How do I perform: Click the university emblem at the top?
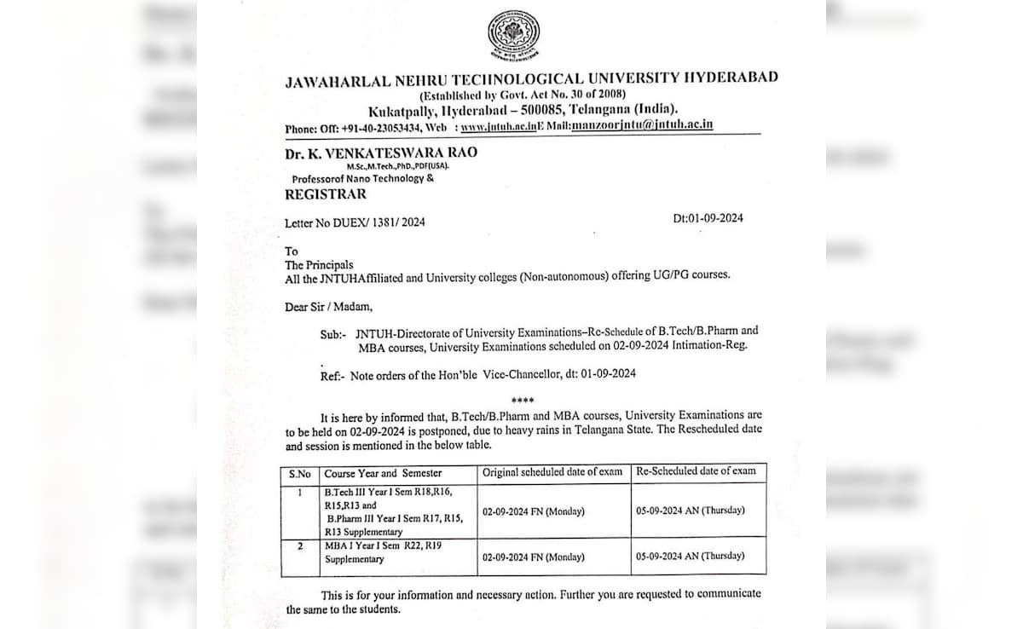tap(513, 36)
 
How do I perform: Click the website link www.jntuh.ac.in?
tap(498, 127)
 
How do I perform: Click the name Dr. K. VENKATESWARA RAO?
tap(381, 153)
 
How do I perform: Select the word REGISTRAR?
tap(326, 194)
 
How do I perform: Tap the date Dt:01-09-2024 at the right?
tap(708, 218)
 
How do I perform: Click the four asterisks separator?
tap(522, 401)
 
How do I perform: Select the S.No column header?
tap(300, 474)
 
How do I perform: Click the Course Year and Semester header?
tap(383, 474)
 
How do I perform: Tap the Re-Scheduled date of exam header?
tap(696, 471)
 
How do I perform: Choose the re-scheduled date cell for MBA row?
tap(690, 556)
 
